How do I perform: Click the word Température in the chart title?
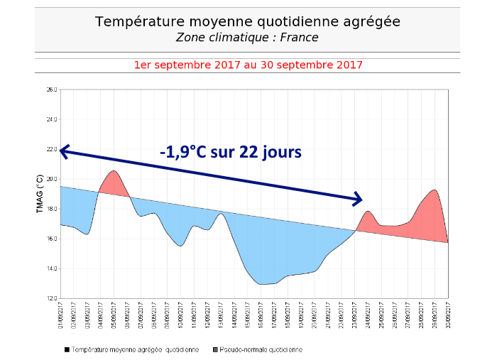(135, 21)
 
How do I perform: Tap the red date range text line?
(248, 65)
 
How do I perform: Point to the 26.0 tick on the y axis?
(51, 89)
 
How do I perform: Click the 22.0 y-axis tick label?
(51, 149)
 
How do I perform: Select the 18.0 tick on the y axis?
(51, 209)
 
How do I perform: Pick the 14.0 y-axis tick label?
(51, 268)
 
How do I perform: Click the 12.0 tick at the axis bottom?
(51, 298)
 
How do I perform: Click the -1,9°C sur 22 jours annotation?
(230, 151)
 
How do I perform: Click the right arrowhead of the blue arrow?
(359, 200)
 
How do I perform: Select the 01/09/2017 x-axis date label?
(61, 312)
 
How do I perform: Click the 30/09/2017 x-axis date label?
(448, 312)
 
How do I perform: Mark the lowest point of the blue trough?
(263, 284)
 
